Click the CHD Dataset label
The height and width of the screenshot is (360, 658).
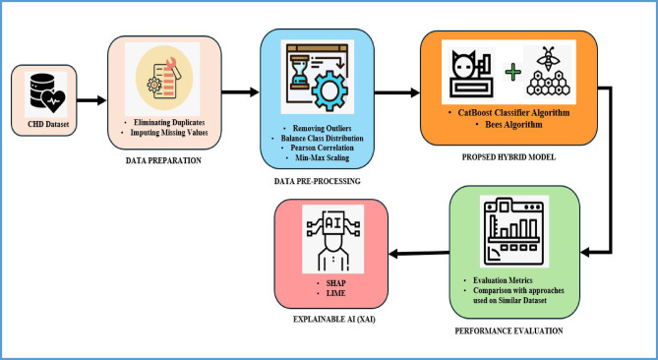[48, 124]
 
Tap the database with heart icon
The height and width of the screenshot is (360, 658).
[47, 93]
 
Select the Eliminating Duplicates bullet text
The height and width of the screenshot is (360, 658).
[169, 122]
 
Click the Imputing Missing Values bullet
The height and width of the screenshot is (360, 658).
[169, 133]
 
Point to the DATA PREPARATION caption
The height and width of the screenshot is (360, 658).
[163, 160]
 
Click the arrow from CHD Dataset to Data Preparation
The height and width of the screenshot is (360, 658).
[91, 100]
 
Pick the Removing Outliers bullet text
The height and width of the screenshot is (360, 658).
[322, 128]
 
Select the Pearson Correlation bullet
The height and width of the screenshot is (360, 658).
[322, 148]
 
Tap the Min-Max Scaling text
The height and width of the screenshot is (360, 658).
[322, 157]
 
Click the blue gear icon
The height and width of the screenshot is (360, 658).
[329, 91]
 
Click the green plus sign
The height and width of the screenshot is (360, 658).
[512, 73]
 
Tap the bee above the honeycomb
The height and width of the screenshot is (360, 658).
[548, 59]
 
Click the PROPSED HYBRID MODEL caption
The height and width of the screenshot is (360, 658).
[508, 157]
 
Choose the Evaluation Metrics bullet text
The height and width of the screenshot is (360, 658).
[503, 280]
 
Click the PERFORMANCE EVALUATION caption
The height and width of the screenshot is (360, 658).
[509, 330]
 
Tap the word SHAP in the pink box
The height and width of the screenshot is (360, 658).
[336, 283]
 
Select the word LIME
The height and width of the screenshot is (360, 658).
[336, 293]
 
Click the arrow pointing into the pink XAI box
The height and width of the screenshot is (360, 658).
[419, 254]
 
